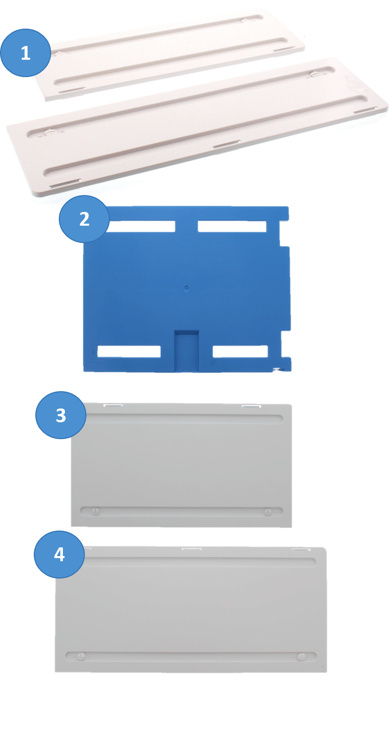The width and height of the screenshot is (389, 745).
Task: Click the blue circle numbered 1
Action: (26, 53)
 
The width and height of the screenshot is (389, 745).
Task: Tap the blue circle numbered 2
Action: (84, 219)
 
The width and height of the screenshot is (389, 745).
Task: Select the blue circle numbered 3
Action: (61, 415)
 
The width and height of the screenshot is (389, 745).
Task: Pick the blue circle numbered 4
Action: (59, 554)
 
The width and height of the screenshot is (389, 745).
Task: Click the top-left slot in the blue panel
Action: (141, 226)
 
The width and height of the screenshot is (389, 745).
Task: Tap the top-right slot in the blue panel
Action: (232, 226)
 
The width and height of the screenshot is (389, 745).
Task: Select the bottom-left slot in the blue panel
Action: (129, 351)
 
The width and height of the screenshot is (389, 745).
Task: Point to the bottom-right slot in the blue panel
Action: (240, 351)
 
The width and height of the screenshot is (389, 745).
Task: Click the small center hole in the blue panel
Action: (187, 287)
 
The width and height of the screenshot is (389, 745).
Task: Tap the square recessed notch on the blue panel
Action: (187, 349)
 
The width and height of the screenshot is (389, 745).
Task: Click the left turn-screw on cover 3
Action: (96, 511)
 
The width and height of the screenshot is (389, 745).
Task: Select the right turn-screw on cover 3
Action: (267, 512)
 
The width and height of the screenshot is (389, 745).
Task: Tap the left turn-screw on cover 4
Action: (81, 656)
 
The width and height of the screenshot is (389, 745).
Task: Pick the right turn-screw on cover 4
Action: (302, 657)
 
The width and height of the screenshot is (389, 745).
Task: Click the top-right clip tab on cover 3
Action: (251, 406)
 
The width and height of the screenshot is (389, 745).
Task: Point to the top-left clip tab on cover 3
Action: (113, 405)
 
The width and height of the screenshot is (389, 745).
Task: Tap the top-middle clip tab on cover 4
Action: (191, 548)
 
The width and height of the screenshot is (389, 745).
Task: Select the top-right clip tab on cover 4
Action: (301, 549)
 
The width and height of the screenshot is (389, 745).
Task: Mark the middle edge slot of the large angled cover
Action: (226, 144)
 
